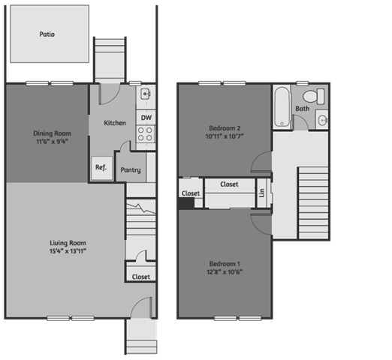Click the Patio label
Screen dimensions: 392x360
(x=47, y=34)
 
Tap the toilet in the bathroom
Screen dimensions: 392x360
(x=314, y=96)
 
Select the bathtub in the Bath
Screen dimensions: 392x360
(x=282, y=107)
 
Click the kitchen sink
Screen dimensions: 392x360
(x=146, y=94)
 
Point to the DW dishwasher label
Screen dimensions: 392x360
(x=146, y=118)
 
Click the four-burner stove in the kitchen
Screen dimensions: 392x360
(x=146, y=133)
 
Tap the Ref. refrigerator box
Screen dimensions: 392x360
(x=101, y=168)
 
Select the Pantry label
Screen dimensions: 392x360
(x=131, y=170)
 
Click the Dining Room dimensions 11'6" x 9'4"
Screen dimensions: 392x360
(x=52, y=142)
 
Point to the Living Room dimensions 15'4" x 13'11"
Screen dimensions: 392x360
(x=68, y=251)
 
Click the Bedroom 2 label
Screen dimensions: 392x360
(x=225, y=128)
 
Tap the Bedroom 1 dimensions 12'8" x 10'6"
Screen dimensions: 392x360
(x=225, y=271)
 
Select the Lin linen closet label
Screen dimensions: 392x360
(x=262, y=193)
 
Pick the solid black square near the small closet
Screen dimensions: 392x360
(x=186, y=203)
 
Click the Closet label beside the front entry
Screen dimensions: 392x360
(x=141, y=277)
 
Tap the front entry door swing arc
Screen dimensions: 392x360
(x=137, y=303)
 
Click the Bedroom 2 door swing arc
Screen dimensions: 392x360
(x=257, y=156)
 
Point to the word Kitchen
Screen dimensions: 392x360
(x=115, y=123)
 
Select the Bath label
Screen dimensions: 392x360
(x=303, y=109)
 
